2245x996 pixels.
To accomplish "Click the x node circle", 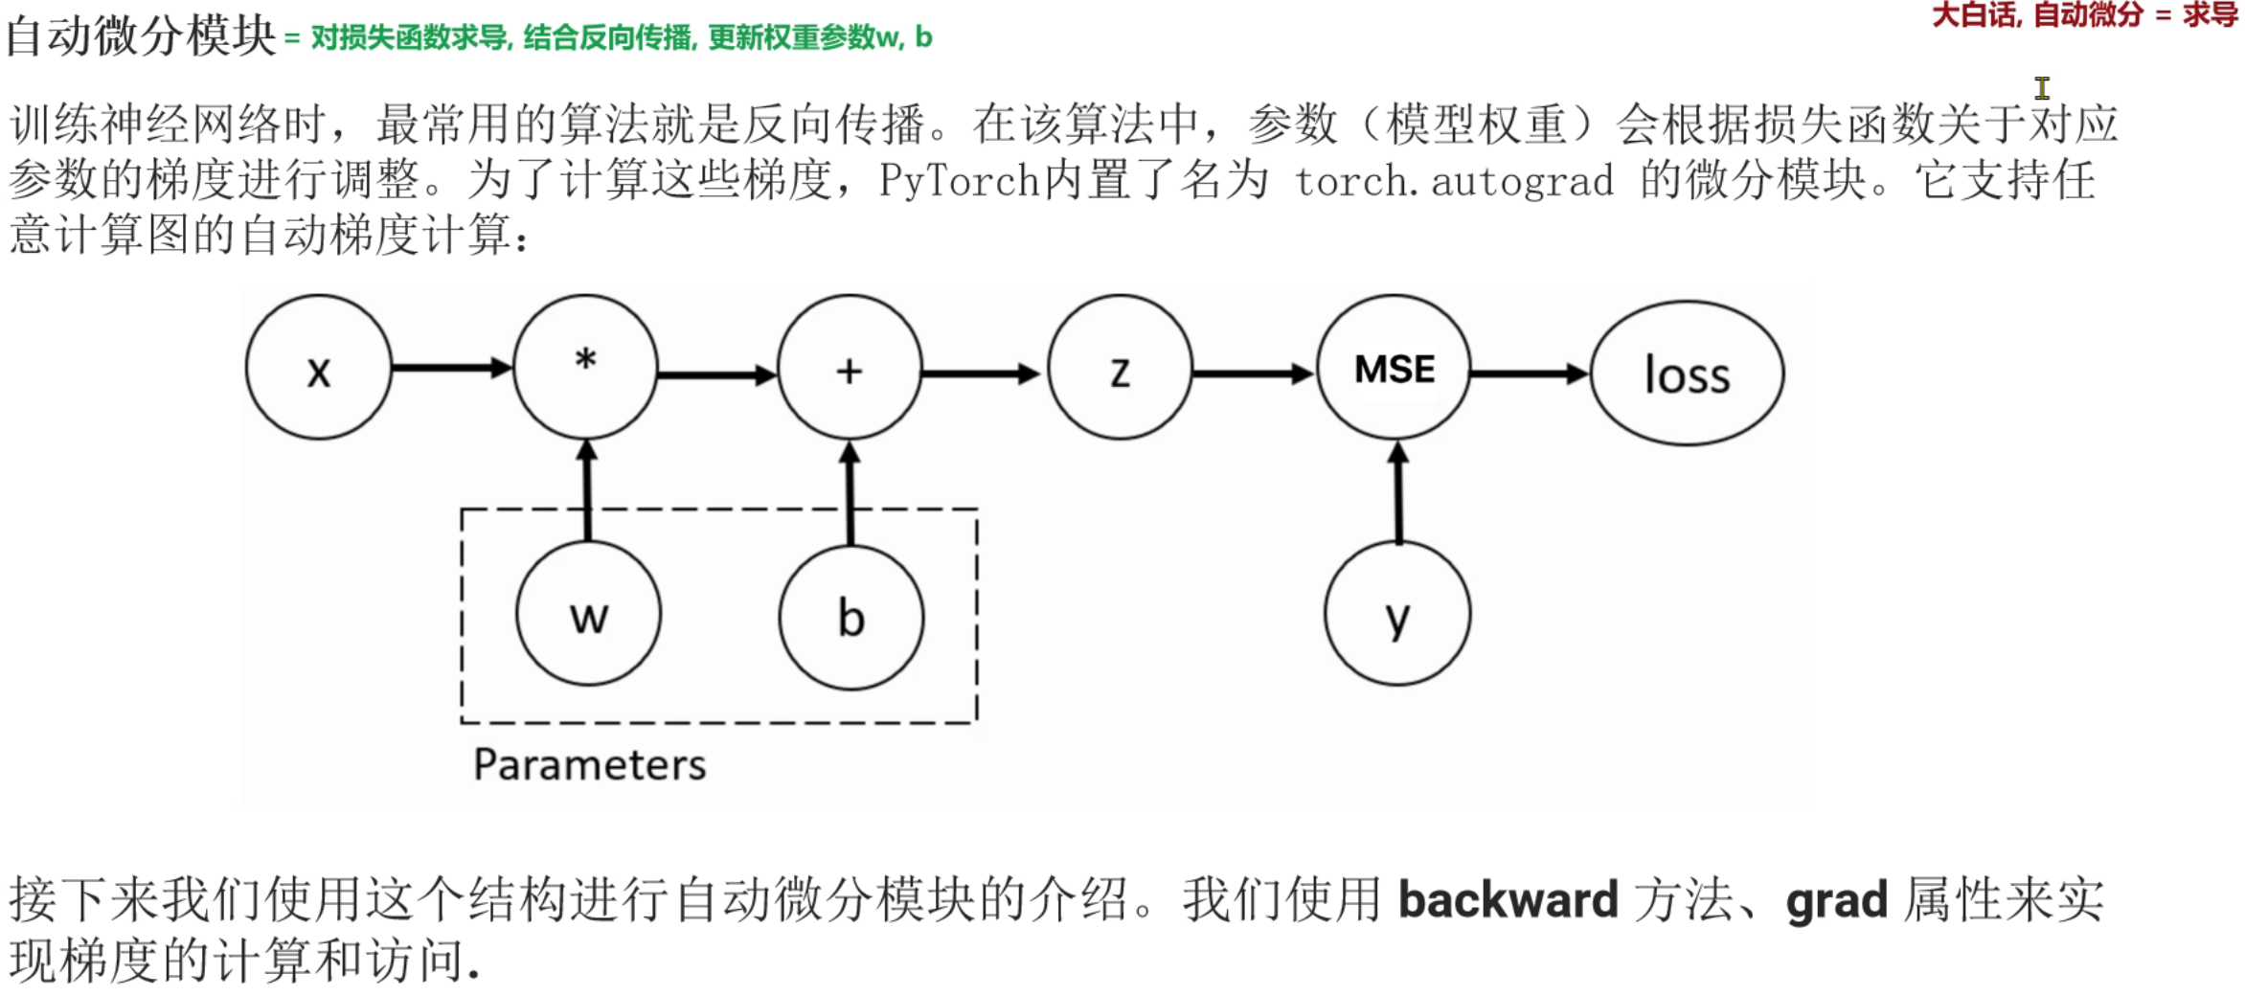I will [x=319, y=368].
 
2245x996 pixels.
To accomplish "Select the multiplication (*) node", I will [x=585, y=368].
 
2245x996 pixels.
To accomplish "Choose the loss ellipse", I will [x=1687, y=373].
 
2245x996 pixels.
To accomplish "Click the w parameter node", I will [x=588, y=614].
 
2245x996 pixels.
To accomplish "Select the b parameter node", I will [x=851, y=618].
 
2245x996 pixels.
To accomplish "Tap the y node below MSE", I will [x=1397, y=614].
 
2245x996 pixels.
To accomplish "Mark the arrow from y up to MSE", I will [x=1398, y=492].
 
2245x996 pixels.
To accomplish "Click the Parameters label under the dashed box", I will [x=589, y=764].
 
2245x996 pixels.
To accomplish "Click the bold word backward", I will [x=1508, y=900].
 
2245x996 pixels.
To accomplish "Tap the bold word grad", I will [x=1836, y=900].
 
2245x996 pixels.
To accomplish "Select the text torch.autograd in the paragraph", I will [x=1454, y=181].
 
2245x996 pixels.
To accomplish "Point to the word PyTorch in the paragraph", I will [x=959, y=181].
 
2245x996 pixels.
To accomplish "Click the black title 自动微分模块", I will [x=141, y=36].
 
